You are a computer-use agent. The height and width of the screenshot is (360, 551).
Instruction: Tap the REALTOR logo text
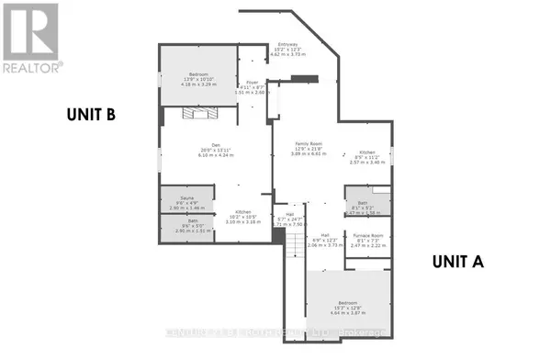pyautogui.click(x=32, y=67)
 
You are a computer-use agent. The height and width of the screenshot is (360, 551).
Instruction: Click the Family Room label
pyautogui.click(x=309, y=144)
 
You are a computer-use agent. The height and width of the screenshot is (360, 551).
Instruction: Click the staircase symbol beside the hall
pyautogui.click(x=291, y=242)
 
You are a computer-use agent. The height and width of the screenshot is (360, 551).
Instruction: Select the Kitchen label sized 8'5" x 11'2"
pyautogui.click(x=367, y=152)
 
